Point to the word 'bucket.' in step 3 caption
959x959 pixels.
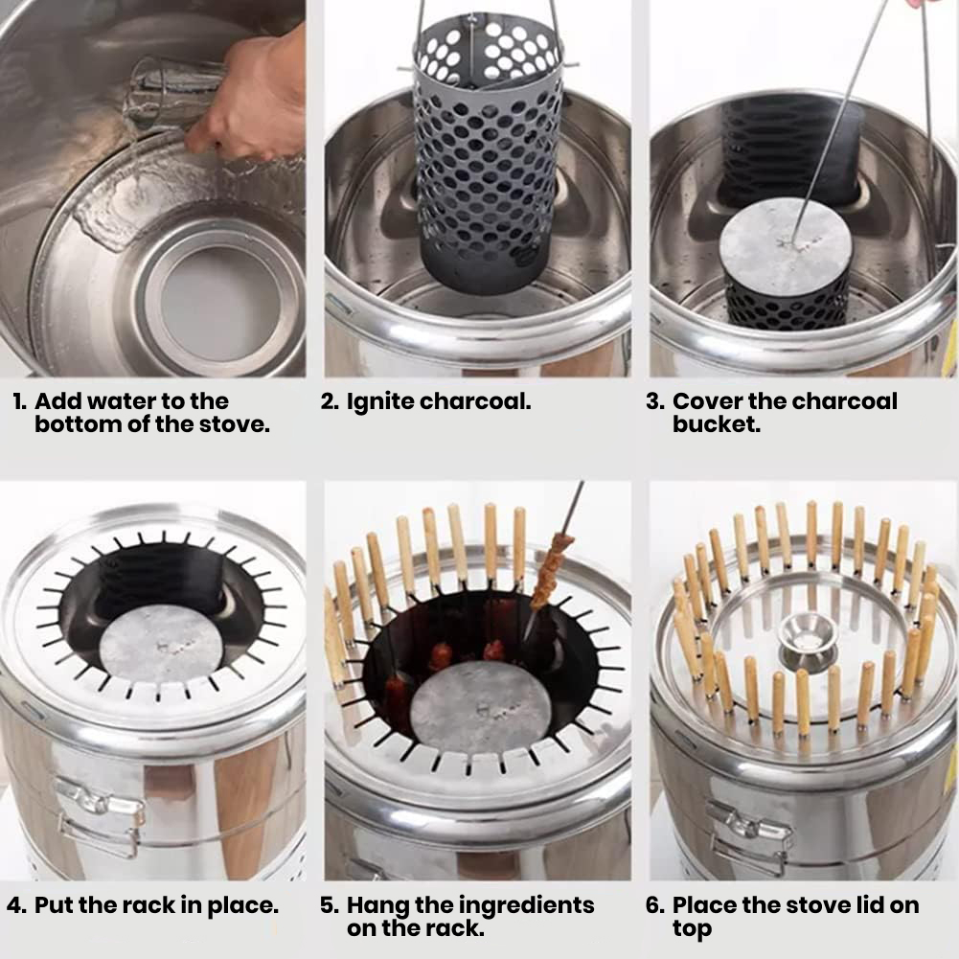pyautogui.click(x=717, y=423)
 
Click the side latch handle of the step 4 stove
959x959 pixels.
pyautogui.click(x=97, y=816)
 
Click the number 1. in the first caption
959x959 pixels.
pyautogui.click(x=20, y=401)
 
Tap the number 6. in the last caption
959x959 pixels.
pyautogui.click(x=655, y=905)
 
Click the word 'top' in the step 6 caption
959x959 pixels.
pyautogui.click(x=693, y=929)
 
